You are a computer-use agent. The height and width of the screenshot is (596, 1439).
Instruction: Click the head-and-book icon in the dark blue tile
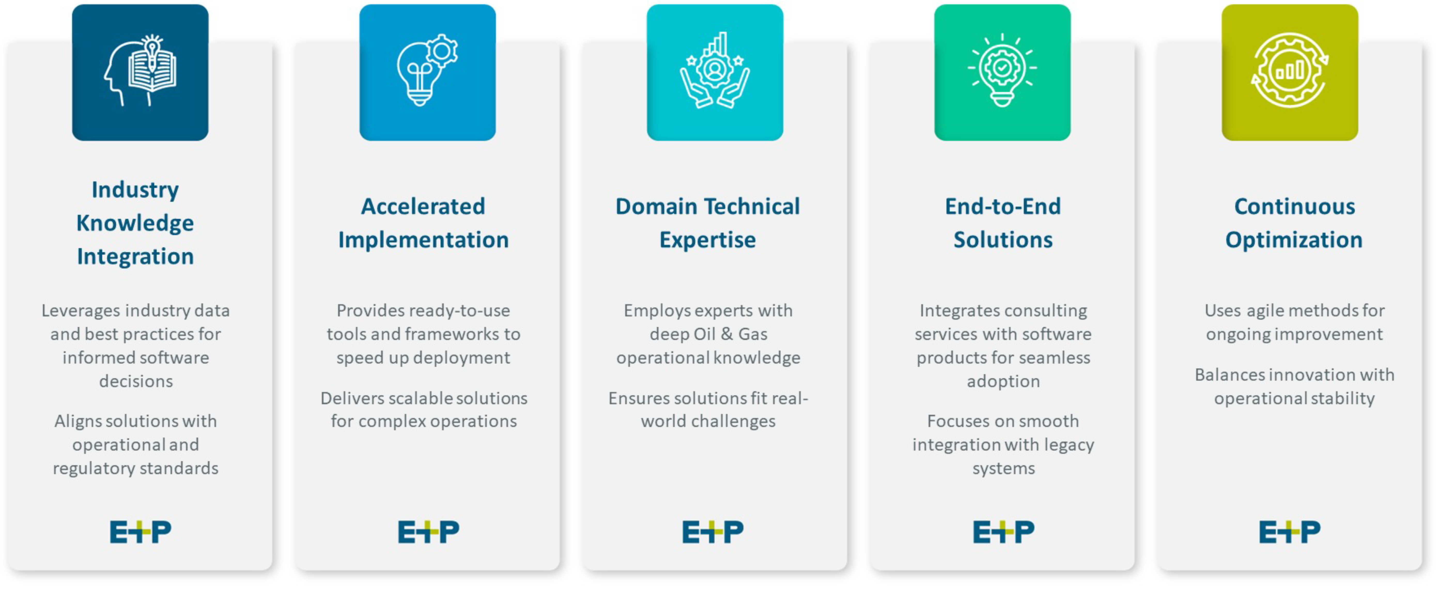[x=140, y=71]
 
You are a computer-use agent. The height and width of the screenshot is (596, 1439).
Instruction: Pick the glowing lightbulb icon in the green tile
[x=1002, y=70]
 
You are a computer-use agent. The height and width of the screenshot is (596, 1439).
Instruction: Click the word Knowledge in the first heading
[x=135, y=223]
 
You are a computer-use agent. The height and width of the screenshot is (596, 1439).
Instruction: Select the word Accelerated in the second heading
[x=423, y=206]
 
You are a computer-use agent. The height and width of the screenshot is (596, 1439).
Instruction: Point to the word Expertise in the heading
[x=708, y=240]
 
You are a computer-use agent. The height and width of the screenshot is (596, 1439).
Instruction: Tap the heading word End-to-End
[x=1003, y=206]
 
